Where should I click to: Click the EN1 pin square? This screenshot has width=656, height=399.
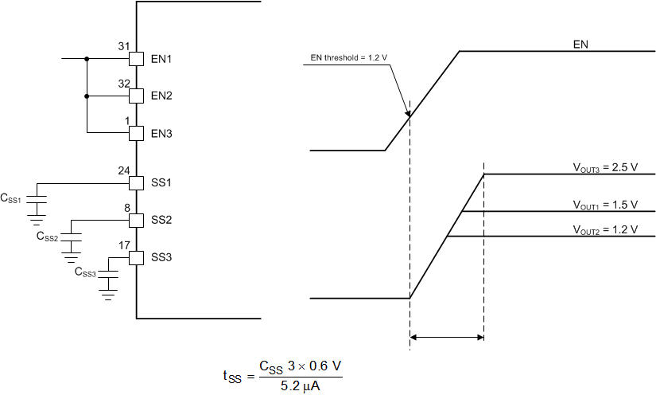(136, 59)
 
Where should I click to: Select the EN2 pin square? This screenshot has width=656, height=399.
(136, 96)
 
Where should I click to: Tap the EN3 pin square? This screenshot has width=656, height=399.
(136, 132)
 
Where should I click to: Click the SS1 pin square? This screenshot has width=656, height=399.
(136, 182)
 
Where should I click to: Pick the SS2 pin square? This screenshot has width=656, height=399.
(136, 220)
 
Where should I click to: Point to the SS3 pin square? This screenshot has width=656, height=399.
(136, 257)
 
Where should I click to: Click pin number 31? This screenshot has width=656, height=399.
(123, 46)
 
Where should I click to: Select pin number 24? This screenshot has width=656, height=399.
(123, 170)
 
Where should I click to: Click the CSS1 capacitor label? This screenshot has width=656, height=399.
(13, 197)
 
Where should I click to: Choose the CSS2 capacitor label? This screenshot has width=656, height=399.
(48, 236)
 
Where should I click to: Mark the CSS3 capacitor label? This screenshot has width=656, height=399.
(85, 273)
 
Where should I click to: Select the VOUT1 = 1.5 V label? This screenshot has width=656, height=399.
(606, 205)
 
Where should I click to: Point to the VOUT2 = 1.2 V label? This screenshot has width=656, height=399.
(606, 229)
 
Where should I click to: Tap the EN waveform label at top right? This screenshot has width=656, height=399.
(580, 45)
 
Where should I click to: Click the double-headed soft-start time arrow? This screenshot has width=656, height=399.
(446, 338)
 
